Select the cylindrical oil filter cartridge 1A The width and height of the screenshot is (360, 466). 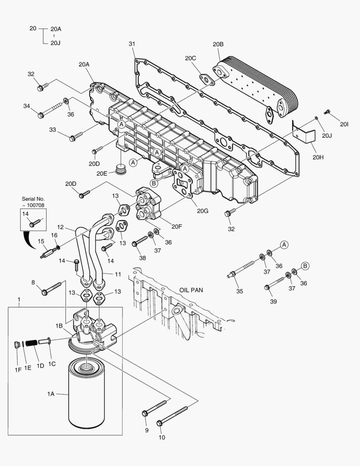click(x=88, y=395)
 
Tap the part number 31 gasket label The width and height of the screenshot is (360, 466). click(x=132, y=44)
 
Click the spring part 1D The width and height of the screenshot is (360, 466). click(x=31, y=343)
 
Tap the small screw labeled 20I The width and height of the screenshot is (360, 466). click(x=327, y=112)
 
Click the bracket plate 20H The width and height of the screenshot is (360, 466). click(x=304, y=132)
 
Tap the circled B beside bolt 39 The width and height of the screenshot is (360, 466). click(x=305, y=266)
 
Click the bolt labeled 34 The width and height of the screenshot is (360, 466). click(x=50, y=110)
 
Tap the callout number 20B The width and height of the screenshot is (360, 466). click(x=218, y=44)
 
